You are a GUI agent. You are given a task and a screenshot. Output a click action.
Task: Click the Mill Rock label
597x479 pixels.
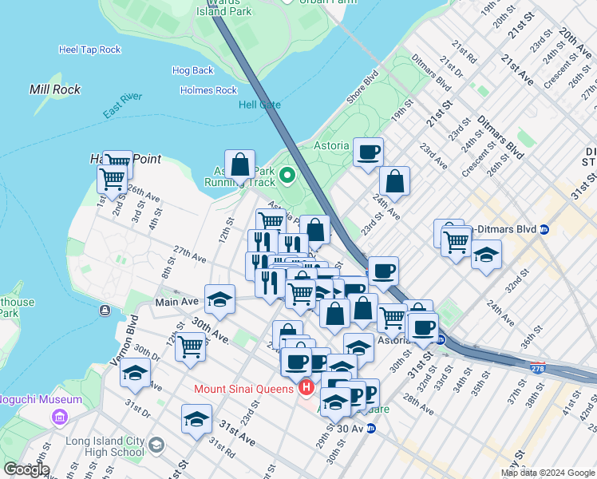[x=55, y=89]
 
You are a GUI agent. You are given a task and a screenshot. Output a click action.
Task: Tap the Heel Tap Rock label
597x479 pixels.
[x=89, y=49]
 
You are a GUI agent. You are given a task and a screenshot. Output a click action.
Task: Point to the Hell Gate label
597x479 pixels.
[x=259, y=105]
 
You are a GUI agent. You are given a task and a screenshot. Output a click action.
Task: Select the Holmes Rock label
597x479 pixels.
[x=209, y=91]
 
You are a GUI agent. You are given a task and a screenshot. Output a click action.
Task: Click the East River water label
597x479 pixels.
[x=122, y=105]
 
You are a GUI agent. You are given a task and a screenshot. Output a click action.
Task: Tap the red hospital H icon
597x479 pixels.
[x=305, y=389]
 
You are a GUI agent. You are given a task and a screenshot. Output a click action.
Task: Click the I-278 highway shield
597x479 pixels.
[x=538, y=368]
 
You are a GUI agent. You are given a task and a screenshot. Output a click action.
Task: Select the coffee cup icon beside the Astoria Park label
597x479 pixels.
[x=368, y=152]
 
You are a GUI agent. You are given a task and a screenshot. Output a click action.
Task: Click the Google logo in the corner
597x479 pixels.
[x=26, y=469]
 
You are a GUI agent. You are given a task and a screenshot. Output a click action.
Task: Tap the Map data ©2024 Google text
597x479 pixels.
[x=548, y=473]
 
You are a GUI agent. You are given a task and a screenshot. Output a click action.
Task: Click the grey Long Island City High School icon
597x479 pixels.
[x=156, y=444]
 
